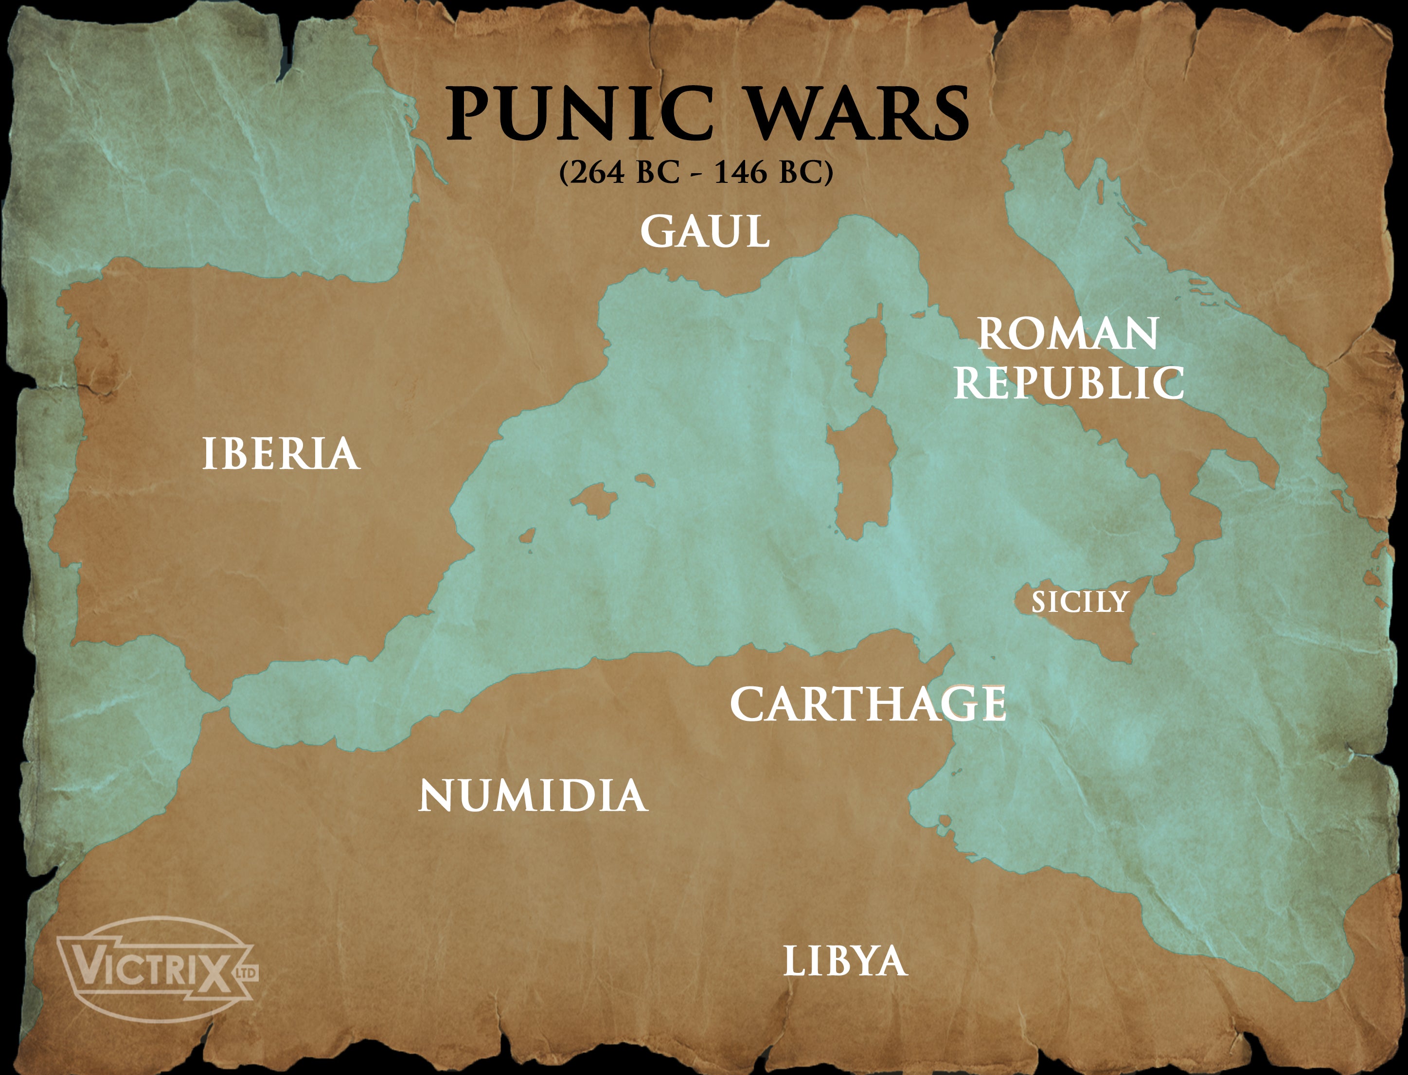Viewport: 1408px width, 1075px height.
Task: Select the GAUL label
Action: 704,231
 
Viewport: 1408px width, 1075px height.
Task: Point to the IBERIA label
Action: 280,454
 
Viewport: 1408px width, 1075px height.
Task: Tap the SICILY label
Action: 1079,602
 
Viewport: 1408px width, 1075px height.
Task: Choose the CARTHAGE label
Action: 868,704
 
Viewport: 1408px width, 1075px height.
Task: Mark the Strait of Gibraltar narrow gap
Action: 221,707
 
